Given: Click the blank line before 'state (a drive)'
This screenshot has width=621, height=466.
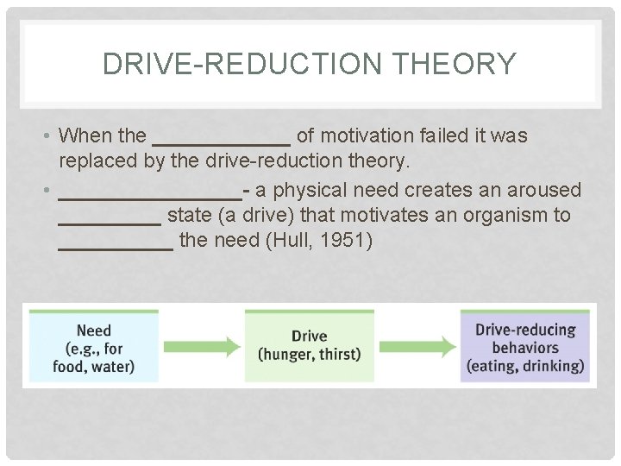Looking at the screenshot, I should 110,221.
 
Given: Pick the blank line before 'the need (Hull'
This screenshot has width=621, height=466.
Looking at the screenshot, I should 116,247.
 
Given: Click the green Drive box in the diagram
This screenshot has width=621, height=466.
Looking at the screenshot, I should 309,345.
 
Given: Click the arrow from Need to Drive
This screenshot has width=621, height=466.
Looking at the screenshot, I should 202,346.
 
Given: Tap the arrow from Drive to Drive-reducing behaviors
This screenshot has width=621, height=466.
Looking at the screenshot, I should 417,346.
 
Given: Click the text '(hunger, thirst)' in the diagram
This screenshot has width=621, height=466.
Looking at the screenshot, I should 309,355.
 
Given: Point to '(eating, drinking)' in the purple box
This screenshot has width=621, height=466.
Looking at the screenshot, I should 524,366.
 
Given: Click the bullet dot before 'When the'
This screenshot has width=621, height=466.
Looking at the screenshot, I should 47,136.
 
